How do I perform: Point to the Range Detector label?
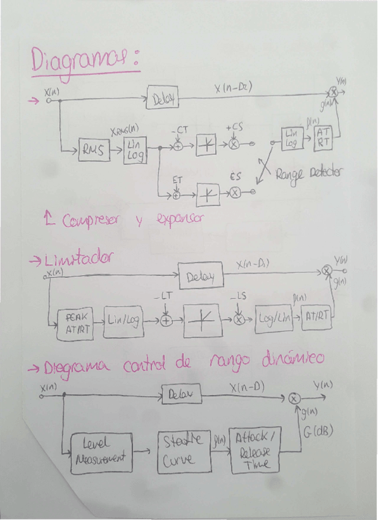click(308, 174)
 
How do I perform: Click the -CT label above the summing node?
click(180, 131)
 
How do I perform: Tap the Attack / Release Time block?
click(255, 450)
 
